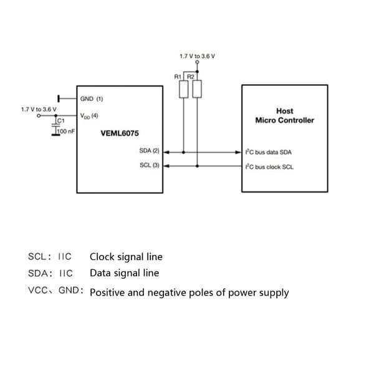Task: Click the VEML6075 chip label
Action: (x=120, y=133)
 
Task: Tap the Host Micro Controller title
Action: (x=285, y=116)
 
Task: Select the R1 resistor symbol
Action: (x=183, y=89)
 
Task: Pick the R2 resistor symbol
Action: (x=197, y=89)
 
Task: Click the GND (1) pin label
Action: (x=92, y=98)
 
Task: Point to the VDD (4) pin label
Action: (x=89, y=116)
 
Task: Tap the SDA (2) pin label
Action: (x=149, y=151)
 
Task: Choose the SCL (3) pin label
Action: (x=150, y=165)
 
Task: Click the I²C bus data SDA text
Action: (x=269, y=152)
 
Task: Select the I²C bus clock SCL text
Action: (x=269, y=167)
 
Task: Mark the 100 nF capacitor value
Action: (x=66, y=131)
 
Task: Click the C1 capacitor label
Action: (x=61, y=121)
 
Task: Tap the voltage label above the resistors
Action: (x=197, y=56)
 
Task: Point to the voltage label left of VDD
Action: (x=39, y=110)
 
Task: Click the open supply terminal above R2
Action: (x=197, y=62)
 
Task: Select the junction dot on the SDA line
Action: (x=183, y=152)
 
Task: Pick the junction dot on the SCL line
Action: (x=197, y=166)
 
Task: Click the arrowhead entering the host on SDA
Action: (x=238, y=152)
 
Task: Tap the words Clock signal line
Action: (x=126, y=257)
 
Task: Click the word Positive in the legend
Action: (x=107, y=292)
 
